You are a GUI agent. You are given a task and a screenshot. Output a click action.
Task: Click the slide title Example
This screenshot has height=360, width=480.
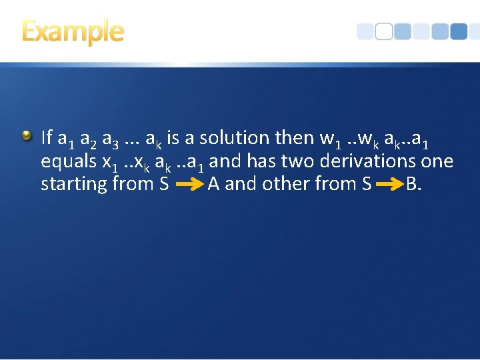coord(73,31)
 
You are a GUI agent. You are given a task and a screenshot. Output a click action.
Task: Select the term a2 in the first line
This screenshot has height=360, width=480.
coord(88,139)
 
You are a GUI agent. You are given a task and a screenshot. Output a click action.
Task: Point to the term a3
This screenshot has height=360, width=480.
coord(111,139)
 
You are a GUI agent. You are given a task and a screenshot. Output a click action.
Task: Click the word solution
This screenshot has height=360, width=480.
coord(233,138)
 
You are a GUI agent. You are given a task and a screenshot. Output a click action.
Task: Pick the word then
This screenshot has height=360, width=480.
coord(294,138)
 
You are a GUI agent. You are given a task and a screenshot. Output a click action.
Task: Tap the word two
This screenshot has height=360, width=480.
coord(297,161)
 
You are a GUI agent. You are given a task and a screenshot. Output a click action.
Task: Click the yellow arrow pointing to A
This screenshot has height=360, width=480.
coord(189,184)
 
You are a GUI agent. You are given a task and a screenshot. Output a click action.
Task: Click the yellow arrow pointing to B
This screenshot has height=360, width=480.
coord(390,184)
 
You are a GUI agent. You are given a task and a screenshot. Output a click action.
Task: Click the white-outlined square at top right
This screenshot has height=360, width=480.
coord(383,31)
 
